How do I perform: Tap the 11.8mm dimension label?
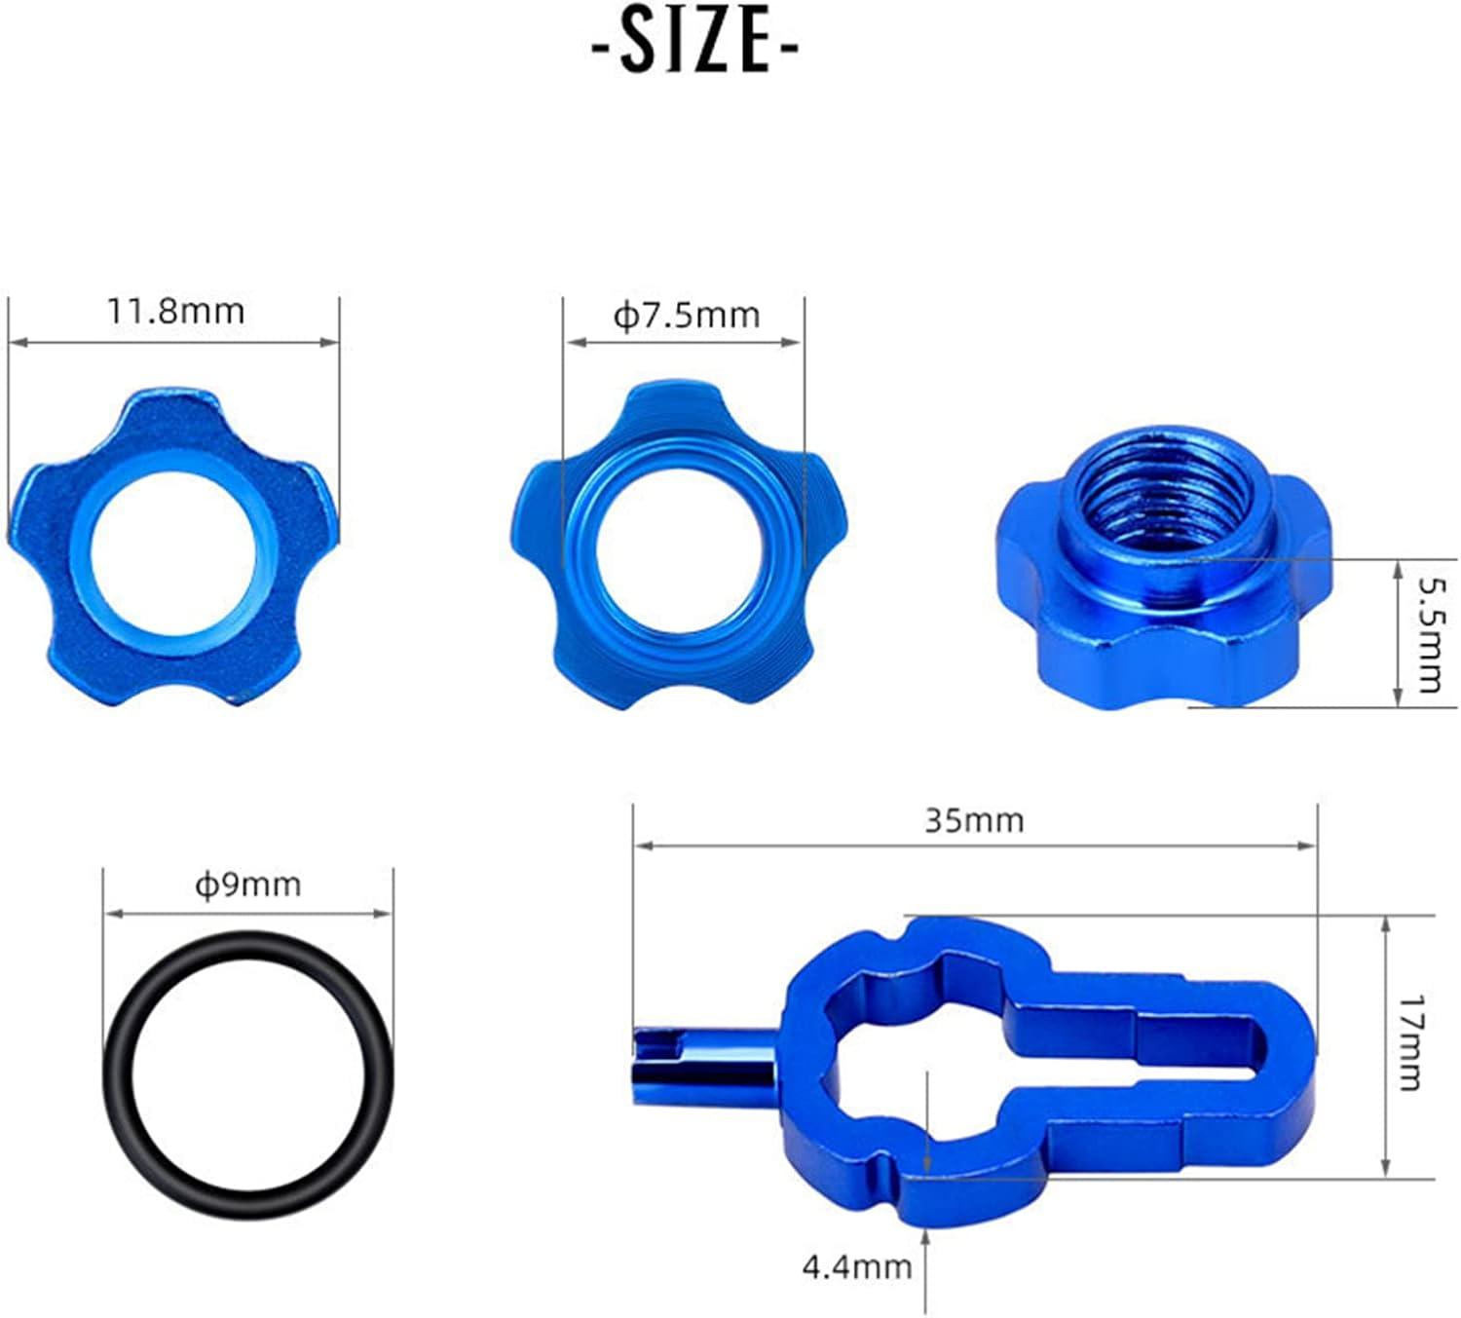(175, 312)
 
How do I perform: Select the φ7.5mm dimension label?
(686, 316)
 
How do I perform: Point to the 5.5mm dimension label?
(1429, 634)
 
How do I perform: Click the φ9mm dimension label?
(248, 885)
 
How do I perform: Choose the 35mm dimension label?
(974, 821)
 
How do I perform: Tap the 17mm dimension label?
(1411, 1042)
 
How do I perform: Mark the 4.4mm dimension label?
(857, 1267)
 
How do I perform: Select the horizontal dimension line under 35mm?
(974, 846)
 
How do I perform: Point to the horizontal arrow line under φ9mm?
(248, 913)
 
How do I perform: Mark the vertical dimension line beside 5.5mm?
(1399, 633)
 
